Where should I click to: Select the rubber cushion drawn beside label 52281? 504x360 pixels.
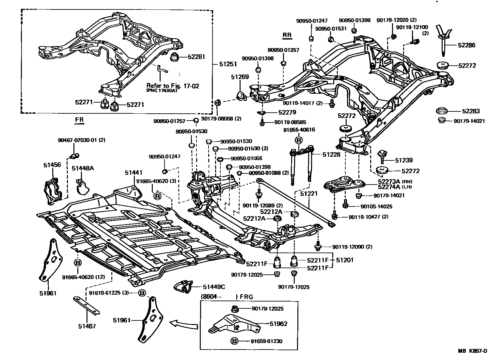pyautogui.click(x=176, y=57)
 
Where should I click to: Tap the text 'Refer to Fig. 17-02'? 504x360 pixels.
pyautogui.click(x=172, y=86)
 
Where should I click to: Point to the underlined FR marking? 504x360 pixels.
pyautogui.click(x=79, y=120)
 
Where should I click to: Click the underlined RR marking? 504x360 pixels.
pyautogui.click(x=287, y=35)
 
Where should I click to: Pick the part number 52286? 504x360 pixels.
pyautogui.click(x=466, y=45)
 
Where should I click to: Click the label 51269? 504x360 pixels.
pyautogui.click(x=240, y=77)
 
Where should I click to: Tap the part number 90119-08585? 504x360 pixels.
pyautogui.click(x=290, y=123)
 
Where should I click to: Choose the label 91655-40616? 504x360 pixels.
pyautogui.click(x=299, y=130)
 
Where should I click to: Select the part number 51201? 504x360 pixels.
pyautogui.click(x=345, y=260)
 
